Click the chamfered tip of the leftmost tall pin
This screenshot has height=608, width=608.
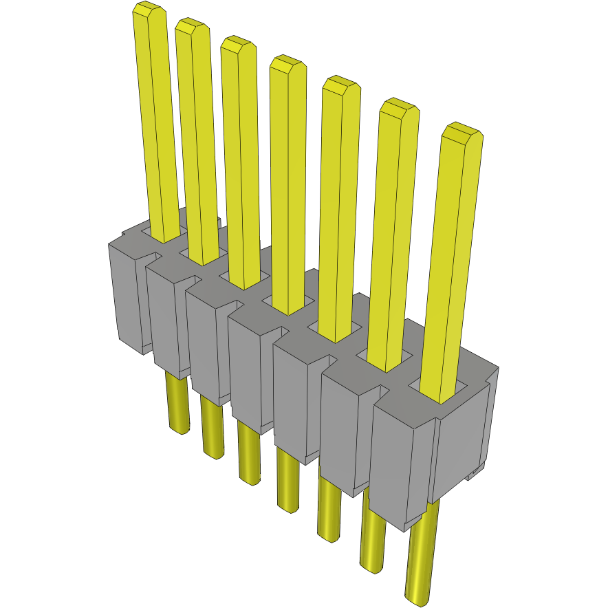point(149,10)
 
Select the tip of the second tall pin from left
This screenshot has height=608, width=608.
point(192,27)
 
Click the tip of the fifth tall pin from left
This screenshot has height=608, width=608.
point(341,85)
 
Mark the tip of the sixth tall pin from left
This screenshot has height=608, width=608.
point(400,107)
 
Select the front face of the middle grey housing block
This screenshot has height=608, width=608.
point(246,371)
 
